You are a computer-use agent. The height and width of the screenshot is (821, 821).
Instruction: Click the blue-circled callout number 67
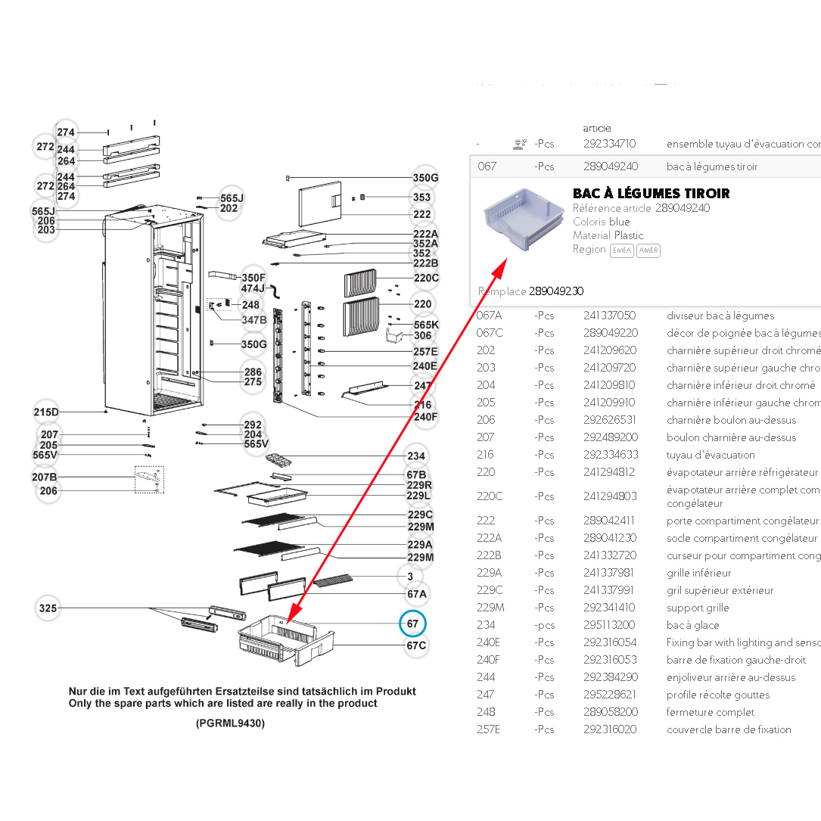[412, 624]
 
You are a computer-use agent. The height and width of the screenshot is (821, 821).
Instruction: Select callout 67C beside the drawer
[416, 645]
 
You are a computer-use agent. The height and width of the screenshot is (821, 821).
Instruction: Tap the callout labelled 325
[48, 608]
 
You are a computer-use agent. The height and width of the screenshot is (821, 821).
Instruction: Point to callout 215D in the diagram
[46, 412]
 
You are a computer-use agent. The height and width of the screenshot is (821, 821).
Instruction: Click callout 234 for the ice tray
[416, 456]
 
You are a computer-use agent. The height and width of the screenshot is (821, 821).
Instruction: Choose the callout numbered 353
[421, 197]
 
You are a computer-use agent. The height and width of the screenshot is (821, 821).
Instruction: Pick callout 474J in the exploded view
[253, 288]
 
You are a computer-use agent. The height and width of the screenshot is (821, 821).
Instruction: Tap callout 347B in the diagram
[253, 320]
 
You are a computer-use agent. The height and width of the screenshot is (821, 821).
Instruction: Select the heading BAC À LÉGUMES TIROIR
[651, 194]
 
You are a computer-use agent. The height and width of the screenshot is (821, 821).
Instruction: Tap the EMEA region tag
[622, 250]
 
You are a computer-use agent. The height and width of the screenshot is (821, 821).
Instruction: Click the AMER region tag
[648, 250]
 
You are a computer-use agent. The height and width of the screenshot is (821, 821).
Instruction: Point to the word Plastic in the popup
[629, 235]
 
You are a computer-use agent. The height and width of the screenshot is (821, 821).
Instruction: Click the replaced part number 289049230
[556, 291]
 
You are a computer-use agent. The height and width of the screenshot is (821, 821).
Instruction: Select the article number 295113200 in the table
[609, 625]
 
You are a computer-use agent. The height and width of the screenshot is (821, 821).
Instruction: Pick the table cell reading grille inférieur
[698, 573]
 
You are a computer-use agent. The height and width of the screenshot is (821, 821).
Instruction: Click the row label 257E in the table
[489, 729]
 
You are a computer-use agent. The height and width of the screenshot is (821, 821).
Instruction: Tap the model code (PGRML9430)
[230, 723]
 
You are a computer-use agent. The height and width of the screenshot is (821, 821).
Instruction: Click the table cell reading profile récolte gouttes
[717, 695]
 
